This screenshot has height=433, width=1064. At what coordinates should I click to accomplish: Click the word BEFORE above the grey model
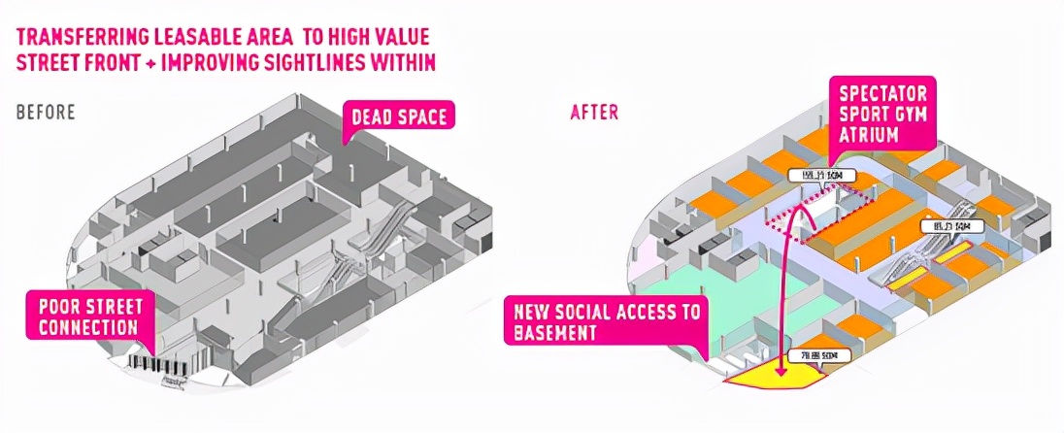[x=46, y=112]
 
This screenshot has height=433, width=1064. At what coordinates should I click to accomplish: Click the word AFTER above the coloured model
[x=593, y=112]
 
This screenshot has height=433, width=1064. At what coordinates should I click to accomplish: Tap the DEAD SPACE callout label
[x=398, y=117]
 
